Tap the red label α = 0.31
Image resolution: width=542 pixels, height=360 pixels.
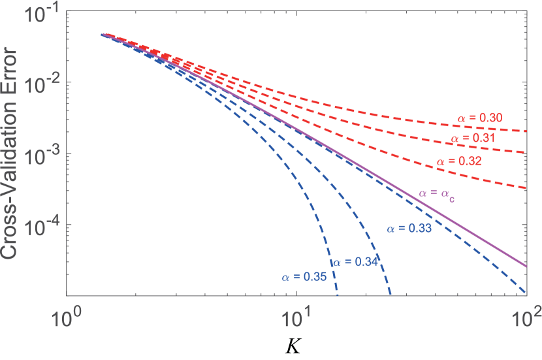(473, 139)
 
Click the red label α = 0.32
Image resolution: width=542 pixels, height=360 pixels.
(459, 161)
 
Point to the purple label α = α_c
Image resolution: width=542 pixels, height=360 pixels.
(438, 194)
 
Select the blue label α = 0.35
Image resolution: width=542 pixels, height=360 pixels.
(304, 277)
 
